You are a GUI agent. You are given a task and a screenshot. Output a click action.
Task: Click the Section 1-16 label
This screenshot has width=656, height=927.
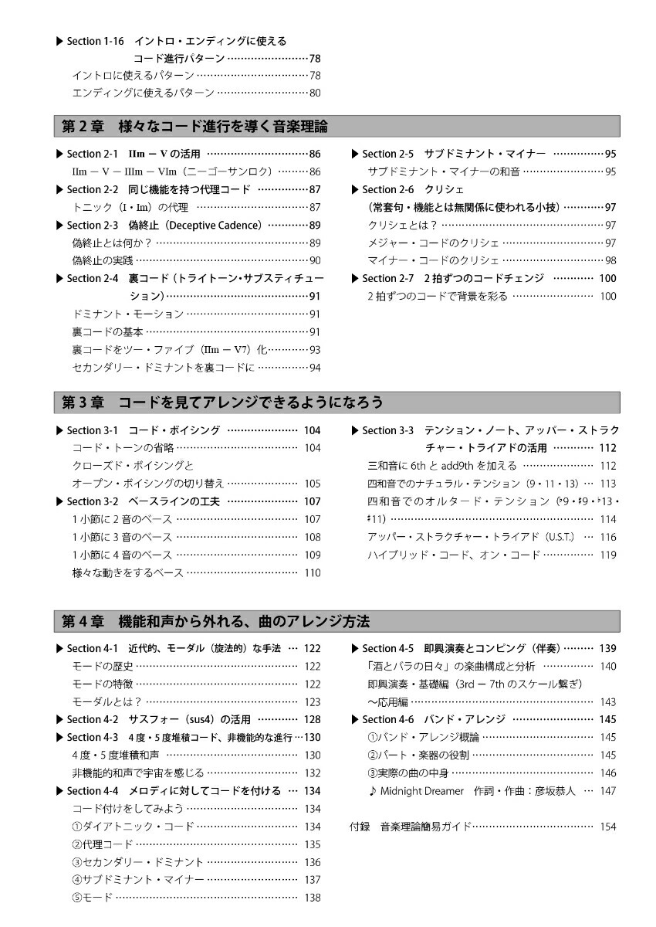coord(94,41)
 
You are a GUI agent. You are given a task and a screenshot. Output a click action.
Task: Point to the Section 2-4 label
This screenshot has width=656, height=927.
coord(92,278)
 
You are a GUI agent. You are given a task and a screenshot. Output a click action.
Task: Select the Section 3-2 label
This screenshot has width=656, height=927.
coord(92,501)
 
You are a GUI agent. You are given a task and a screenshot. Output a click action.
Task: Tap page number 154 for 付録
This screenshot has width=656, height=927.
coord(608,827)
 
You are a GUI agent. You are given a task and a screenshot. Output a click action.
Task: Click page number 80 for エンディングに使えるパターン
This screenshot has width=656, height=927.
coord(315,93)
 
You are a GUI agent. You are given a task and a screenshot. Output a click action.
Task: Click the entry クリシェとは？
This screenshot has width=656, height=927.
coord(403,225)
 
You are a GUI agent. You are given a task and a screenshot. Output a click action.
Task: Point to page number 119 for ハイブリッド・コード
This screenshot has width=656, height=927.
coord(608,555)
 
